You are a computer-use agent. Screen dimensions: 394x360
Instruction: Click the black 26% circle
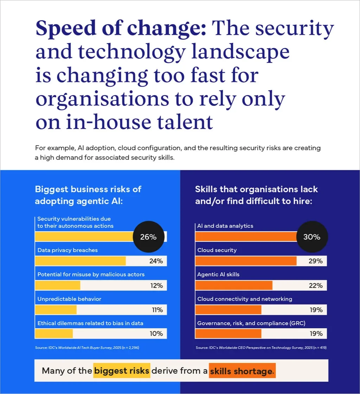click(148, 237)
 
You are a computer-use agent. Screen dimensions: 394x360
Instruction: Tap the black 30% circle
click(311, 237)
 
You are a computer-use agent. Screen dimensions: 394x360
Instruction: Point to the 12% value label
click(156, 285)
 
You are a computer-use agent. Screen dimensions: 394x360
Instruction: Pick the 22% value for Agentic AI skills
click(316, 285)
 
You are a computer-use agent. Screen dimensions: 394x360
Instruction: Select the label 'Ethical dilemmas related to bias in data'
click(90, 323)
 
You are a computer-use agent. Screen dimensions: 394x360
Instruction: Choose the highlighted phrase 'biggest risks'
click(122, 371)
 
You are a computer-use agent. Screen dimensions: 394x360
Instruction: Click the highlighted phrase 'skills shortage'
click(242, 371)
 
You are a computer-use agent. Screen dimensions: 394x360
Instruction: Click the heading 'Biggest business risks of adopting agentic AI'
click(88, 195)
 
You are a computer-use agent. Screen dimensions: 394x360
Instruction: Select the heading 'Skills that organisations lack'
click(256, 189)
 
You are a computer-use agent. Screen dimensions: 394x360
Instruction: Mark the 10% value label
click(156, 334)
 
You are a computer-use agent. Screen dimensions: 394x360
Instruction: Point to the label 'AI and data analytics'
click(225, 226)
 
